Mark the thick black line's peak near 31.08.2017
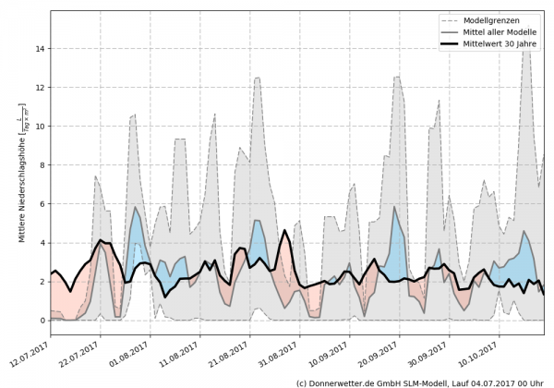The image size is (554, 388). tap(284, 230)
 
